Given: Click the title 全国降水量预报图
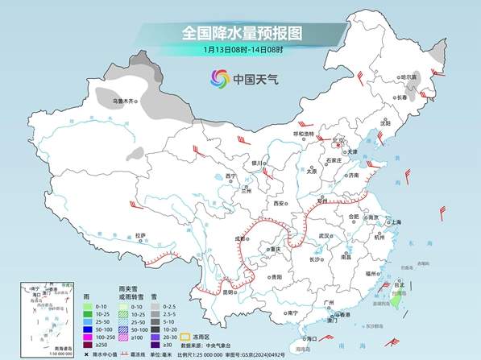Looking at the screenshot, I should coord(241,33).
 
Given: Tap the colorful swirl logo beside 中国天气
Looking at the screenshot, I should coord(220,79).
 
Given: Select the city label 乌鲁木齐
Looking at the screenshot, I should coord(124,101).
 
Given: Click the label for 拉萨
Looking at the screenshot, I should coord(141,235).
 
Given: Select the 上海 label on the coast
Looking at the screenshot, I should coord(396,222).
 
